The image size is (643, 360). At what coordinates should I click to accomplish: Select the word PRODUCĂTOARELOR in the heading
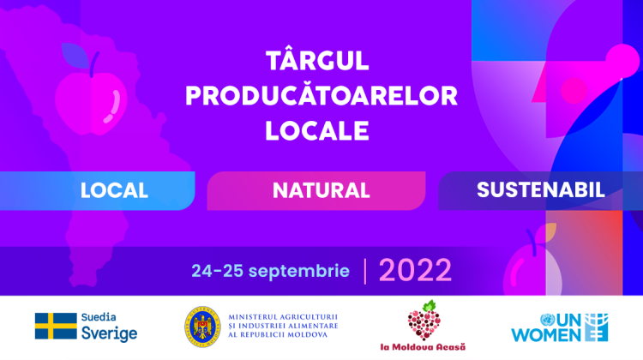[x=321, y=96]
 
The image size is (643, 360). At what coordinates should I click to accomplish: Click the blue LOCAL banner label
[x=114, y=189]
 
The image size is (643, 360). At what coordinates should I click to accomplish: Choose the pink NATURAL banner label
[x=321, y=189]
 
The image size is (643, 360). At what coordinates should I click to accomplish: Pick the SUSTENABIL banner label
[x=541, y=189]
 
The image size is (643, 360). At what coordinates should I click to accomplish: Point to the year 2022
[x=415, y=270]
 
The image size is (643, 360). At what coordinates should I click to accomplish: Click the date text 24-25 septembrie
[x=270, y=271]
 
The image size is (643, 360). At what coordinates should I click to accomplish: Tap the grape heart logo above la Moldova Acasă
[x=427, y=321]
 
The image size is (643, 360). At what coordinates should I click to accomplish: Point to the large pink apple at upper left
[x=90, y=96]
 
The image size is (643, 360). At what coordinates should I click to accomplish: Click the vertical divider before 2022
[x=366, y=271]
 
